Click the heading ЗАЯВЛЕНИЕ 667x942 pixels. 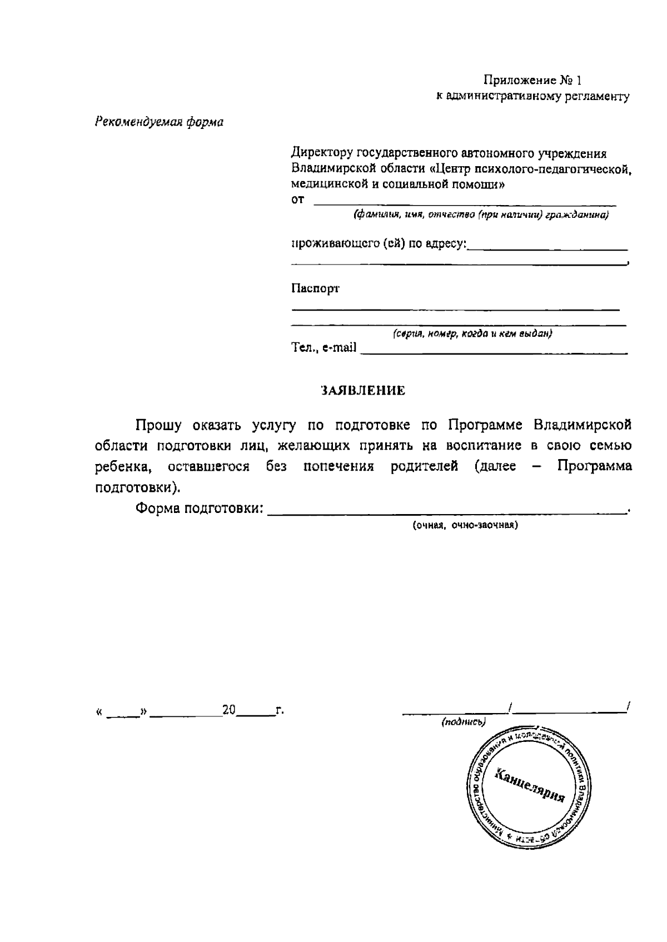(364, 391)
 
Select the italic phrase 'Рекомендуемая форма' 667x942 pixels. (159, 122)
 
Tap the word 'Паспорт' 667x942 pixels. (315, 288)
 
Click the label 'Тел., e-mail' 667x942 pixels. (324, 348)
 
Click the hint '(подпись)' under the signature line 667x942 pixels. (464, 722)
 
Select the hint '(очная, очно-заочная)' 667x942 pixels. (465, 525)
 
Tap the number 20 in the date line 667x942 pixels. (229, 710)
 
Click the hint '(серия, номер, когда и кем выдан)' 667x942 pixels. (472, 334)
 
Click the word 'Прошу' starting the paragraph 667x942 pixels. (159, 426)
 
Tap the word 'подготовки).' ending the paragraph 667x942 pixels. (138, 488)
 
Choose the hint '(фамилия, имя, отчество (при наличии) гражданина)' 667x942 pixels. (481, 215)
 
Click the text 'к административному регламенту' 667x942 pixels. (532, 97)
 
